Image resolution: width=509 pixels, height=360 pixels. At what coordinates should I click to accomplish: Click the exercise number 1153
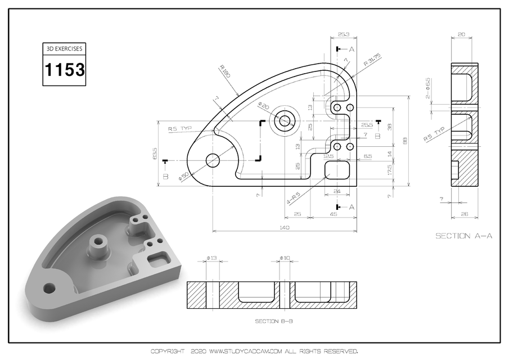click(65, 70)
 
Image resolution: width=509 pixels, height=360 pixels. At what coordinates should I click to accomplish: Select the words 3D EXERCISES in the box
click(65, 49)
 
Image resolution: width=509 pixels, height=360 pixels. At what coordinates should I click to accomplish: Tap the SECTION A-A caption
click(464, 236)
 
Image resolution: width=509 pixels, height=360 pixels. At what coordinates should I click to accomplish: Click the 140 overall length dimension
click(284, 228)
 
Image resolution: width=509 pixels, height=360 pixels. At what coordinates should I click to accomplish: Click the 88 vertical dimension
click(406, 141)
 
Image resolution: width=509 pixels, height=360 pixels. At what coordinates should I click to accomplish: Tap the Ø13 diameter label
click(211, 258)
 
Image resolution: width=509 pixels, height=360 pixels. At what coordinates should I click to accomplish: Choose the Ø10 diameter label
click(285, 258)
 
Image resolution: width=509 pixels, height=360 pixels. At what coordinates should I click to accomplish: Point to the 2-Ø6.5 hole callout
click(428, 88)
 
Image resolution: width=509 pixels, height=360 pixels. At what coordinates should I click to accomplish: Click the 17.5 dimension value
click(390, 170)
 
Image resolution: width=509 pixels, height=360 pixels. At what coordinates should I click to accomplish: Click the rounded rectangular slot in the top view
click(337, 169)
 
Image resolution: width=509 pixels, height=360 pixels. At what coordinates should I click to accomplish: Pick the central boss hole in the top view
click(283, 120)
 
